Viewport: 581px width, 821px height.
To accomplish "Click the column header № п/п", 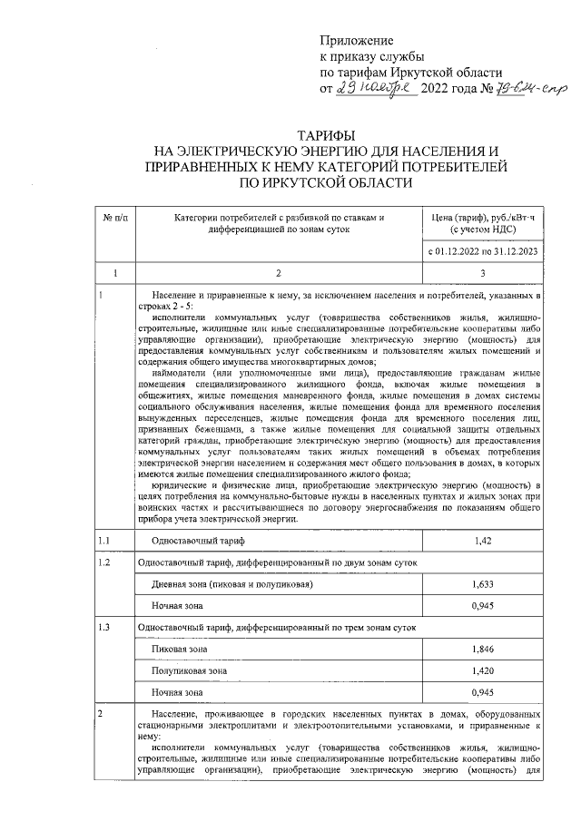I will click(114, 217).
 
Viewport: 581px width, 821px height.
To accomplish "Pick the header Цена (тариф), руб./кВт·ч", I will click(483, 217).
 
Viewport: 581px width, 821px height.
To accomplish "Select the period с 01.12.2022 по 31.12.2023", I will click(483, 249).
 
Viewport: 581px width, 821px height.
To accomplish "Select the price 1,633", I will click(483, 585).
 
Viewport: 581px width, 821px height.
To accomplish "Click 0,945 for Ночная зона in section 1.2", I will click(483, 605).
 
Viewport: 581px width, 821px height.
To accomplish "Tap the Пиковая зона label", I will click(179, 650).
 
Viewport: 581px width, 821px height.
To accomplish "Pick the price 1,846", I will click(483, 650).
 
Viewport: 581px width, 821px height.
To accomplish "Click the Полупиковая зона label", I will click(189, 670).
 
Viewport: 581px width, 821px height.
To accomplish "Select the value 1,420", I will click(483, 670).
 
